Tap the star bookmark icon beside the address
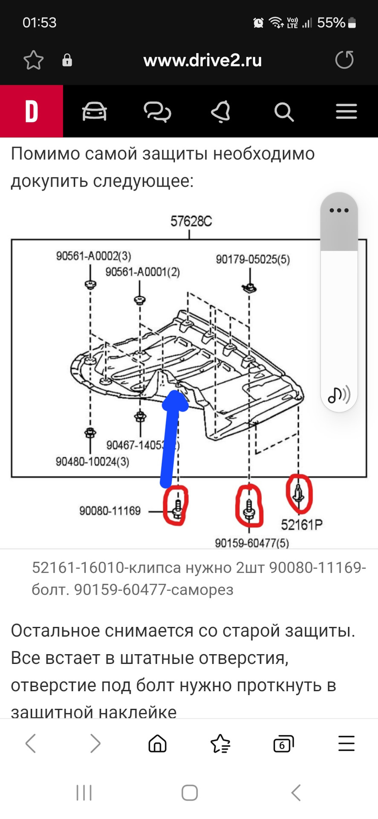(x=33, y=60)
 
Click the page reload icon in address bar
(x=344, y=60)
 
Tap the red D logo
(x=32, y=111)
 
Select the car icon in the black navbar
(x=94, y=112)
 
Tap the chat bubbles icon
(x=157, y=112)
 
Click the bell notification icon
(x=221, y=112)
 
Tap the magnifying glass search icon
(x=284, y=112)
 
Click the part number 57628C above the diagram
(x=191, y=221)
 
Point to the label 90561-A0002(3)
(x=94, y=256)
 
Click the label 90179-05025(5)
(x=253, y=259)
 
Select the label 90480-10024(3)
(x=92, y=462)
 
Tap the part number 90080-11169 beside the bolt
(x=110, y=511)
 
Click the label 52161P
(x=301, y=525)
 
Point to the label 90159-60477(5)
(x=251, y=543)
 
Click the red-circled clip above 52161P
(x=299, y=493)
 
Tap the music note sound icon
(x=339, y=395)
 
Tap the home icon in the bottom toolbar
(x=157, y=744)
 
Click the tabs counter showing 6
(x=283, y=744)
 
